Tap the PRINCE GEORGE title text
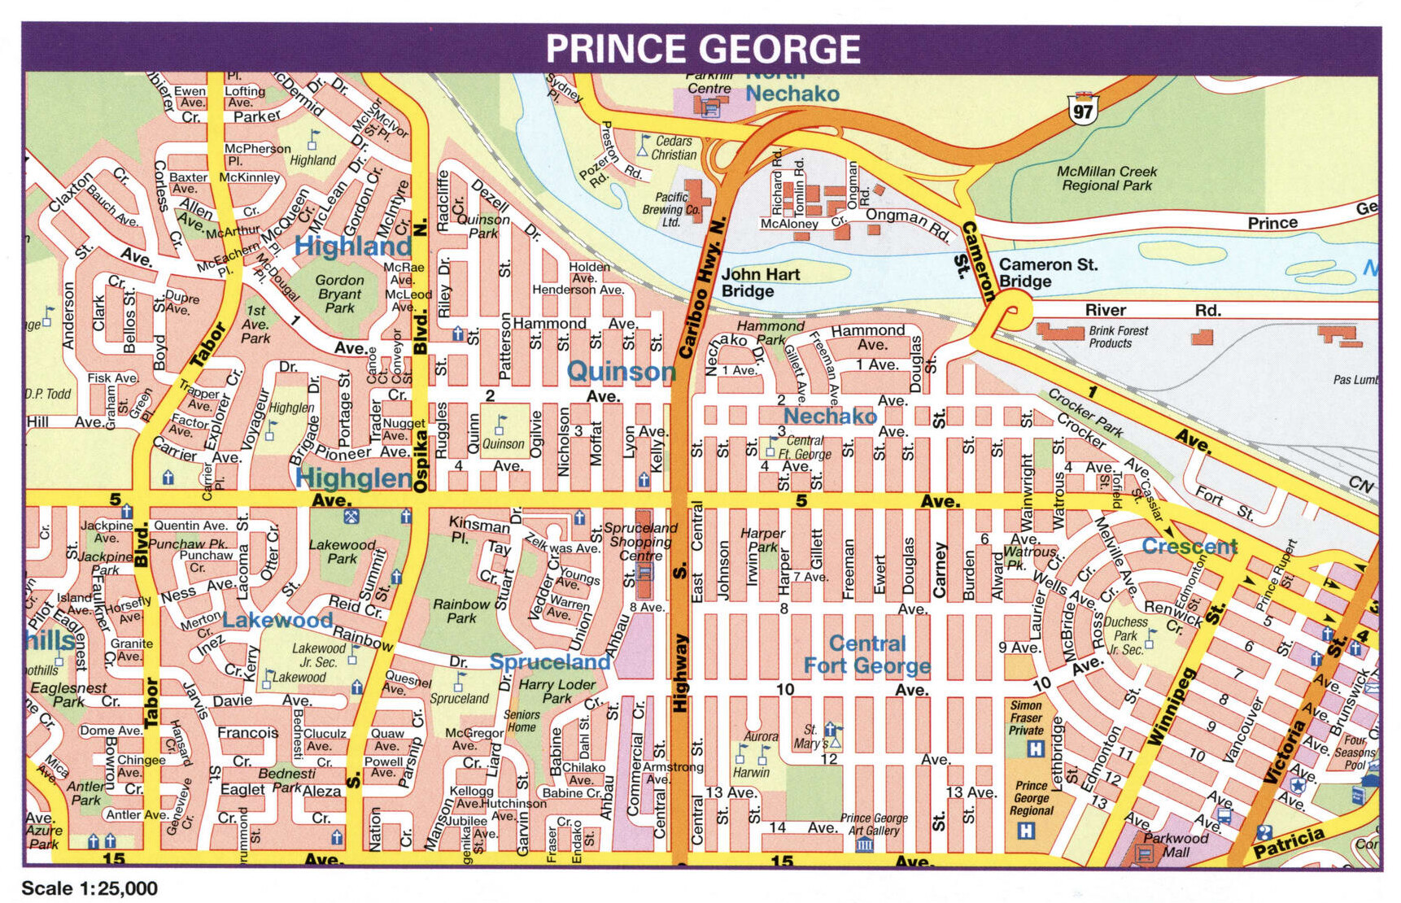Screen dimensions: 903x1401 click(702, 49)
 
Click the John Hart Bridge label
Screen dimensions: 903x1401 click(760, 283)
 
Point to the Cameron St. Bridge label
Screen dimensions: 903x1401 click(1048, 273)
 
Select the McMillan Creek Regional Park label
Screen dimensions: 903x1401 click(1106, 178)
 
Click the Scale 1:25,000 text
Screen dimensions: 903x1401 click(89, 888)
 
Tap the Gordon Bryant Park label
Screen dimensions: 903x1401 click(339, 294)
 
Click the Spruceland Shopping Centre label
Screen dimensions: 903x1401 click(640, 541)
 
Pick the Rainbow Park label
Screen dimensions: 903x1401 click(461, 611)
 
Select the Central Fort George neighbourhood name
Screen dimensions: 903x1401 click(867, 655)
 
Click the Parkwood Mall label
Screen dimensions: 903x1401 click(1176, 844)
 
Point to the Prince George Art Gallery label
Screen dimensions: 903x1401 click(874, 824)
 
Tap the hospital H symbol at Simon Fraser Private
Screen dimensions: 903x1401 click(1035, 748)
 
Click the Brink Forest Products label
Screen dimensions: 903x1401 click(1119, 337)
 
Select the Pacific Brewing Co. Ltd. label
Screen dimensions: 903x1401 click(671, 209)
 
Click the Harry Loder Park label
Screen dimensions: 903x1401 click(557, 691)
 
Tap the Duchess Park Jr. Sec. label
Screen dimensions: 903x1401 click(1126, 635)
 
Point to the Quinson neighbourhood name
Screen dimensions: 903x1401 click(621, 372)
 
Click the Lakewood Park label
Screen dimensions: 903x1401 click(342, 552)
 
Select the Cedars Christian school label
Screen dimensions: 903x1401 click(674, 147)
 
